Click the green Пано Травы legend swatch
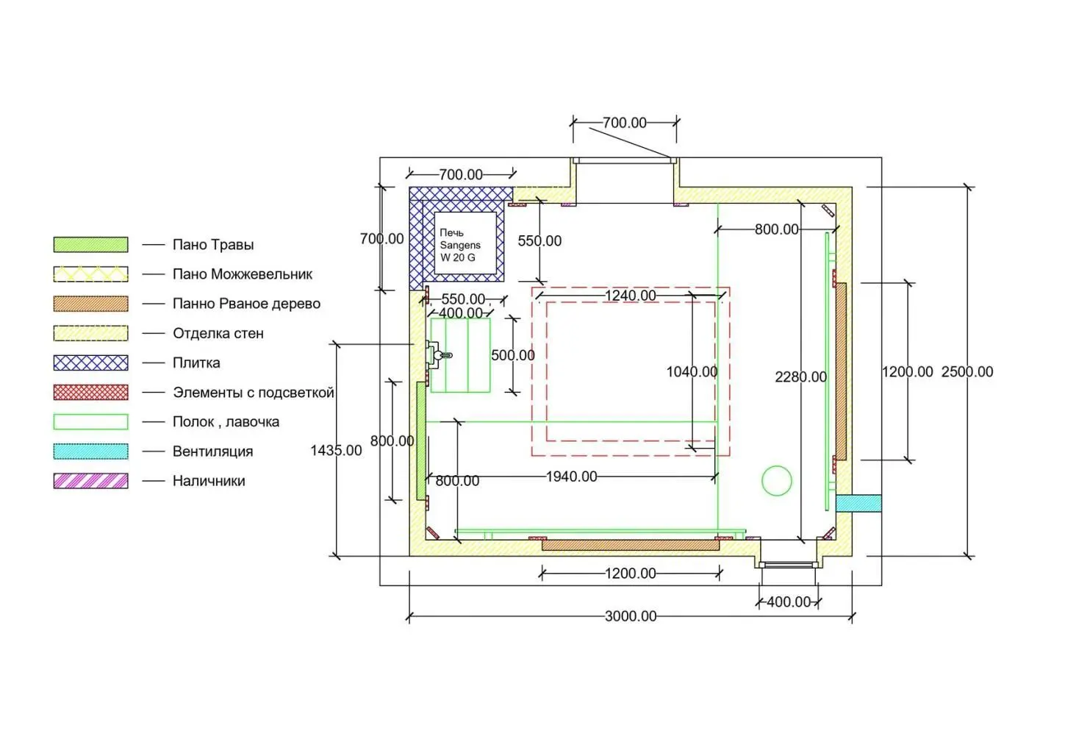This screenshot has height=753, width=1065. pos(90,244)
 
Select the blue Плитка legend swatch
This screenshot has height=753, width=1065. pos(90,363)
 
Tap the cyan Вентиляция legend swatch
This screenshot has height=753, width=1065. pos(90,451)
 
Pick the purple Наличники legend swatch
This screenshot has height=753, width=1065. pos(90,481)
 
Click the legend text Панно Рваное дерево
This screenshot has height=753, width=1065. pos(246,304)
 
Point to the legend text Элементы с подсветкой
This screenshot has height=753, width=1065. pos(253,392)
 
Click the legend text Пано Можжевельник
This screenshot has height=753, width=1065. pos(243,274)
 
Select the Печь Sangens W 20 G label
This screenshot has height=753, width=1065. pos(460,245)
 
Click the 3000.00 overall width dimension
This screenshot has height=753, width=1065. pos(631,616)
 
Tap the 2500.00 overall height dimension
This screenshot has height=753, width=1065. pos(967,372)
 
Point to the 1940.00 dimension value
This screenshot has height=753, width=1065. pos(571,477)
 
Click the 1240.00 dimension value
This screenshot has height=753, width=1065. pos(630,296)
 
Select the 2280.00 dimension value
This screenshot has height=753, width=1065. pos(800,377)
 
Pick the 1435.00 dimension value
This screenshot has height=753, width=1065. pos(336,450)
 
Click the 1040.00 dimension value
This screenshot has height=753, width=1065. pos(692,372)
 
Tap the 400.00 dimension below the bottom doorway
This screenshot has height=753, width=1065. pos(789,602)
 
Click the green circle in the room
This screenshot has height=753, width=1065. pos(777,481)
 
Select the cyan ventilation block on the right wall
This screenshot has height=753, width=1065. pos(858,503)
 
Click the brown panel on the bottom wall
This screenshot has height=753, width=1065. pos(630,545)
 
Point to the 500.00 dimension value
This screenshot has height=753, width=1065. pos(513,355)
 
